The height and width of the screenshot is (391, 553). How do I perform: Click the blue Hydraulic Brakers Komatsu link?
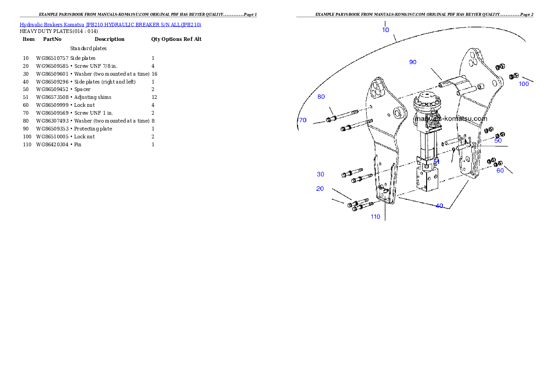52,25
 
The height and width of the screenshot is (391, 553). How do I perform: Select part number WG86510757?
52,58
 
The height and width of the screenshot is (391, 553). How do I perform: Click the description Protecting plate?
93,129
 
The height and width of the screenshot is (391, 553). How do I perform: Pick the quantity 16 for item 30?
154,74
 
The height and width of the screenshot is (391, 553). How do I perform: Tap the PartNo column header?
52,39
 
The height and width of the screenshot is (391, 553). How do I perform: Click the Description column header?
109,39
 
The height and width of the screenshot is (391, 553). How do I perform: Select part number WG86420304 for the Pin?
52,144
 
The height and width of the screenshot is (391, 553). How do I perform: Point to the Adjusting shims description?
93,98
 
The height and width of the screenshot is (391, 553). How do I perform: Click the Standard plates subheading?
88,48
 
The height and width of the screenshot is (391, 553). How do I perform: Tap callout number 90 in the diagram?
413,62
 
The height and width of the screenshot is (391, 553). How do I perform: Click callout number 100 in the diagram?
524,84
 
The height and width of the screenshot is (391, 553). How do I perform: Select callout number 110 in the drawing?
375,217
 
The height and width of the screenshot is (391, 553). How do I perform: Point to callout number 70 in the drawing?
303,120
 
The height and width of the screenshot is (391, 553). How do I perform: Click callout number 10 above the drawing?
386,30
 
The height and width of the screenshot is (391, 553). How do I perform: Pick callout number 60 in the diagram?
500,170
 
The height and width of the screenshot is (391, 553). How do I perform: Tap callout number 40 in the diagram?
439,206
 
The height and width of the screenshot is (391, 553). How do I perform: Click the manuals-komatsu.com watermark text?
451,119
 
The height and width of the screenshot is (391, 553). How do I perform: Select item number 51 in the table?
26,98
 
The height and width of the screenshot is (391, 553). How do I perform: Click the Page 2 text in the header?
527,14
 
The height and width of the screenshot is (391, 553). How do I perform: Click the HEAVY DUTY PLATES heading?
59,32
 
